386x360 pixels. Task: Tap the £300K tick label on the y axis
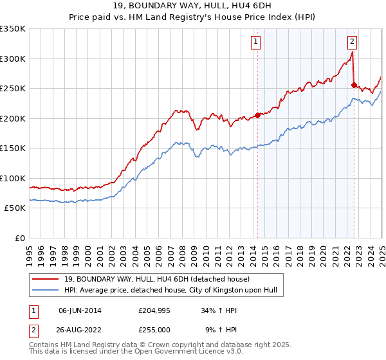coord(13,59)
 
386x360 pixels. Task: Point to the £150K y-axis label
coord(13,148)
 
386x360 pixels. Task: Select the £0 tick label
coord(19,238)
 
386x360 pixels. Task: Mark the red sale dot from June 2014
coord(257,115)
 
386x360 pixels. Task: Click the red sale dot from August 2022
coord(354,85)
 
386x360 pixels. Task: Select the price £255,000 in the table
coord(154,330)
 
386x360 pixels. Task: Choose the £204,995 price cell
coord(154,310)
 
